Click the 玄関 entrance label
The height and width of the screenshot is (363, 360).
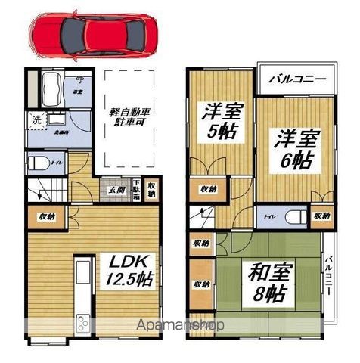pyautogui.click(x=116, y=189)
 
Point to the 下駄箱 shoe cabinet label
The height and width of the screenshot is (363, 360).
pyautogui.click(x=135, y=189)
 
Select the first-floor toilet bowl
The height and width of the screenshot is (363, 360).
pyautogui.click(x=37, y=163)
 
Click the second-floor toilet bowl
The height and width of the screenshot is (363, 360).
pyautogui.click(x=297, y=218)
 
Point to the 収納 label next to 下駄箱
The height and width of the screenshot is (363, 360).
pyautogui.click(x=152, y=187)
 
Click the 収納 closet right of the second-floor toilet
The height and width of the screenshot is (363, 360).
pyautogui.click(x=322, y=218)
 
